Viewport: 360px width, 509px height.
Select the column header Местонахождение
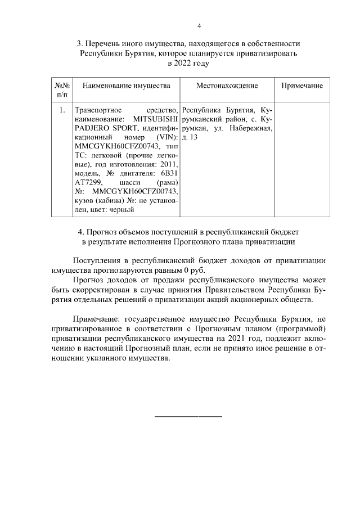tap(227, 85)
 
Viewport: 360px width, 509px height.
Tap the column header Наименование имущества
tap(126, 85)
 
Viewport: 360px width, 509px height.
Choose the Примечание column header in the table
tap(302, 85)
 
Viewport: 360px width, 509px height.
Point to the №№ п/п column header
tap(62, 90)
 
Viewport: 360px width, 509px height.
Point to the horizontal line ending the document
tap(188, 416)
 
